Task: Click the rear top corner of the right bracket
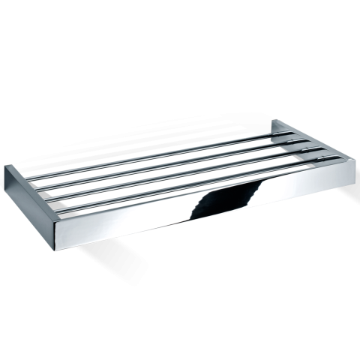tap(274, 121)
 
